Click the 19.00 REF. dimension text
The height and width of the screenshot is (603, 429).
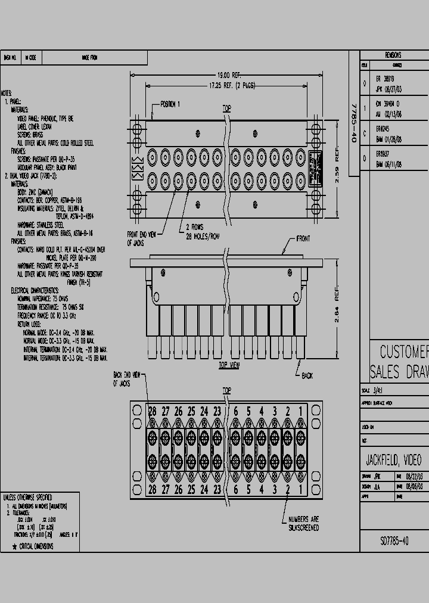click(229, 75)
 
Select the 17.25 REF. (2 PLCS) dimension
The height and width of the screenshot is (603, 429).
click(232, 86)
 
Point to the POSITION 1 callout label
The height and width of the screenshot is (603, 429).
click(170, 104)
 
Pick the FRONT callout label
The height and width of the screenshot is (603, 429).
click(303, 239)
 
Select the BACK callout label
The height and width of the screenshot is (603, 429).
click(307, 376)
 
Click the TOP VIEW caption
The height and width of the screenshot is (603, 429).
click(229, 365)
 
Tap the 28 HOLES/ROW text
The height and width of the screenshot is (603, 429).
click(203, 237)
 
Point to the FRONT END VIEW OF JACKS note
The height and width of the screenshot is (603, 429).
click(141, 238)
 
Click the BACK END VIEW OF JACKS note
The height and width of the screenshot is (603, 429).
click(126, 378)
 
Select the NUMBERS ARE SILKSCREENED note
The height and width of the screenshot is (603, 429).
click(303, 523)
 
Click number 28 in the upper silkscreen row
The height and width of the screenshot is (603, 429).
click(153, 412)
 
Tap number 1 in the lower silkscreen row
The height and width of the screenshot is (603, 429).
click(301, 489)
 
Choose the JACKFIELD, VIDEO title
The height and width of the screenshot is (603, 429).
click(393, 460)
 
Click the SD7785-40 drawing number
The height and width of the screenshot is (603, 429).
click(394, 541)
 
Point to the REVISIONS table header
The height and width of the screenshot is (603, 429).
click(393, 55)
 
